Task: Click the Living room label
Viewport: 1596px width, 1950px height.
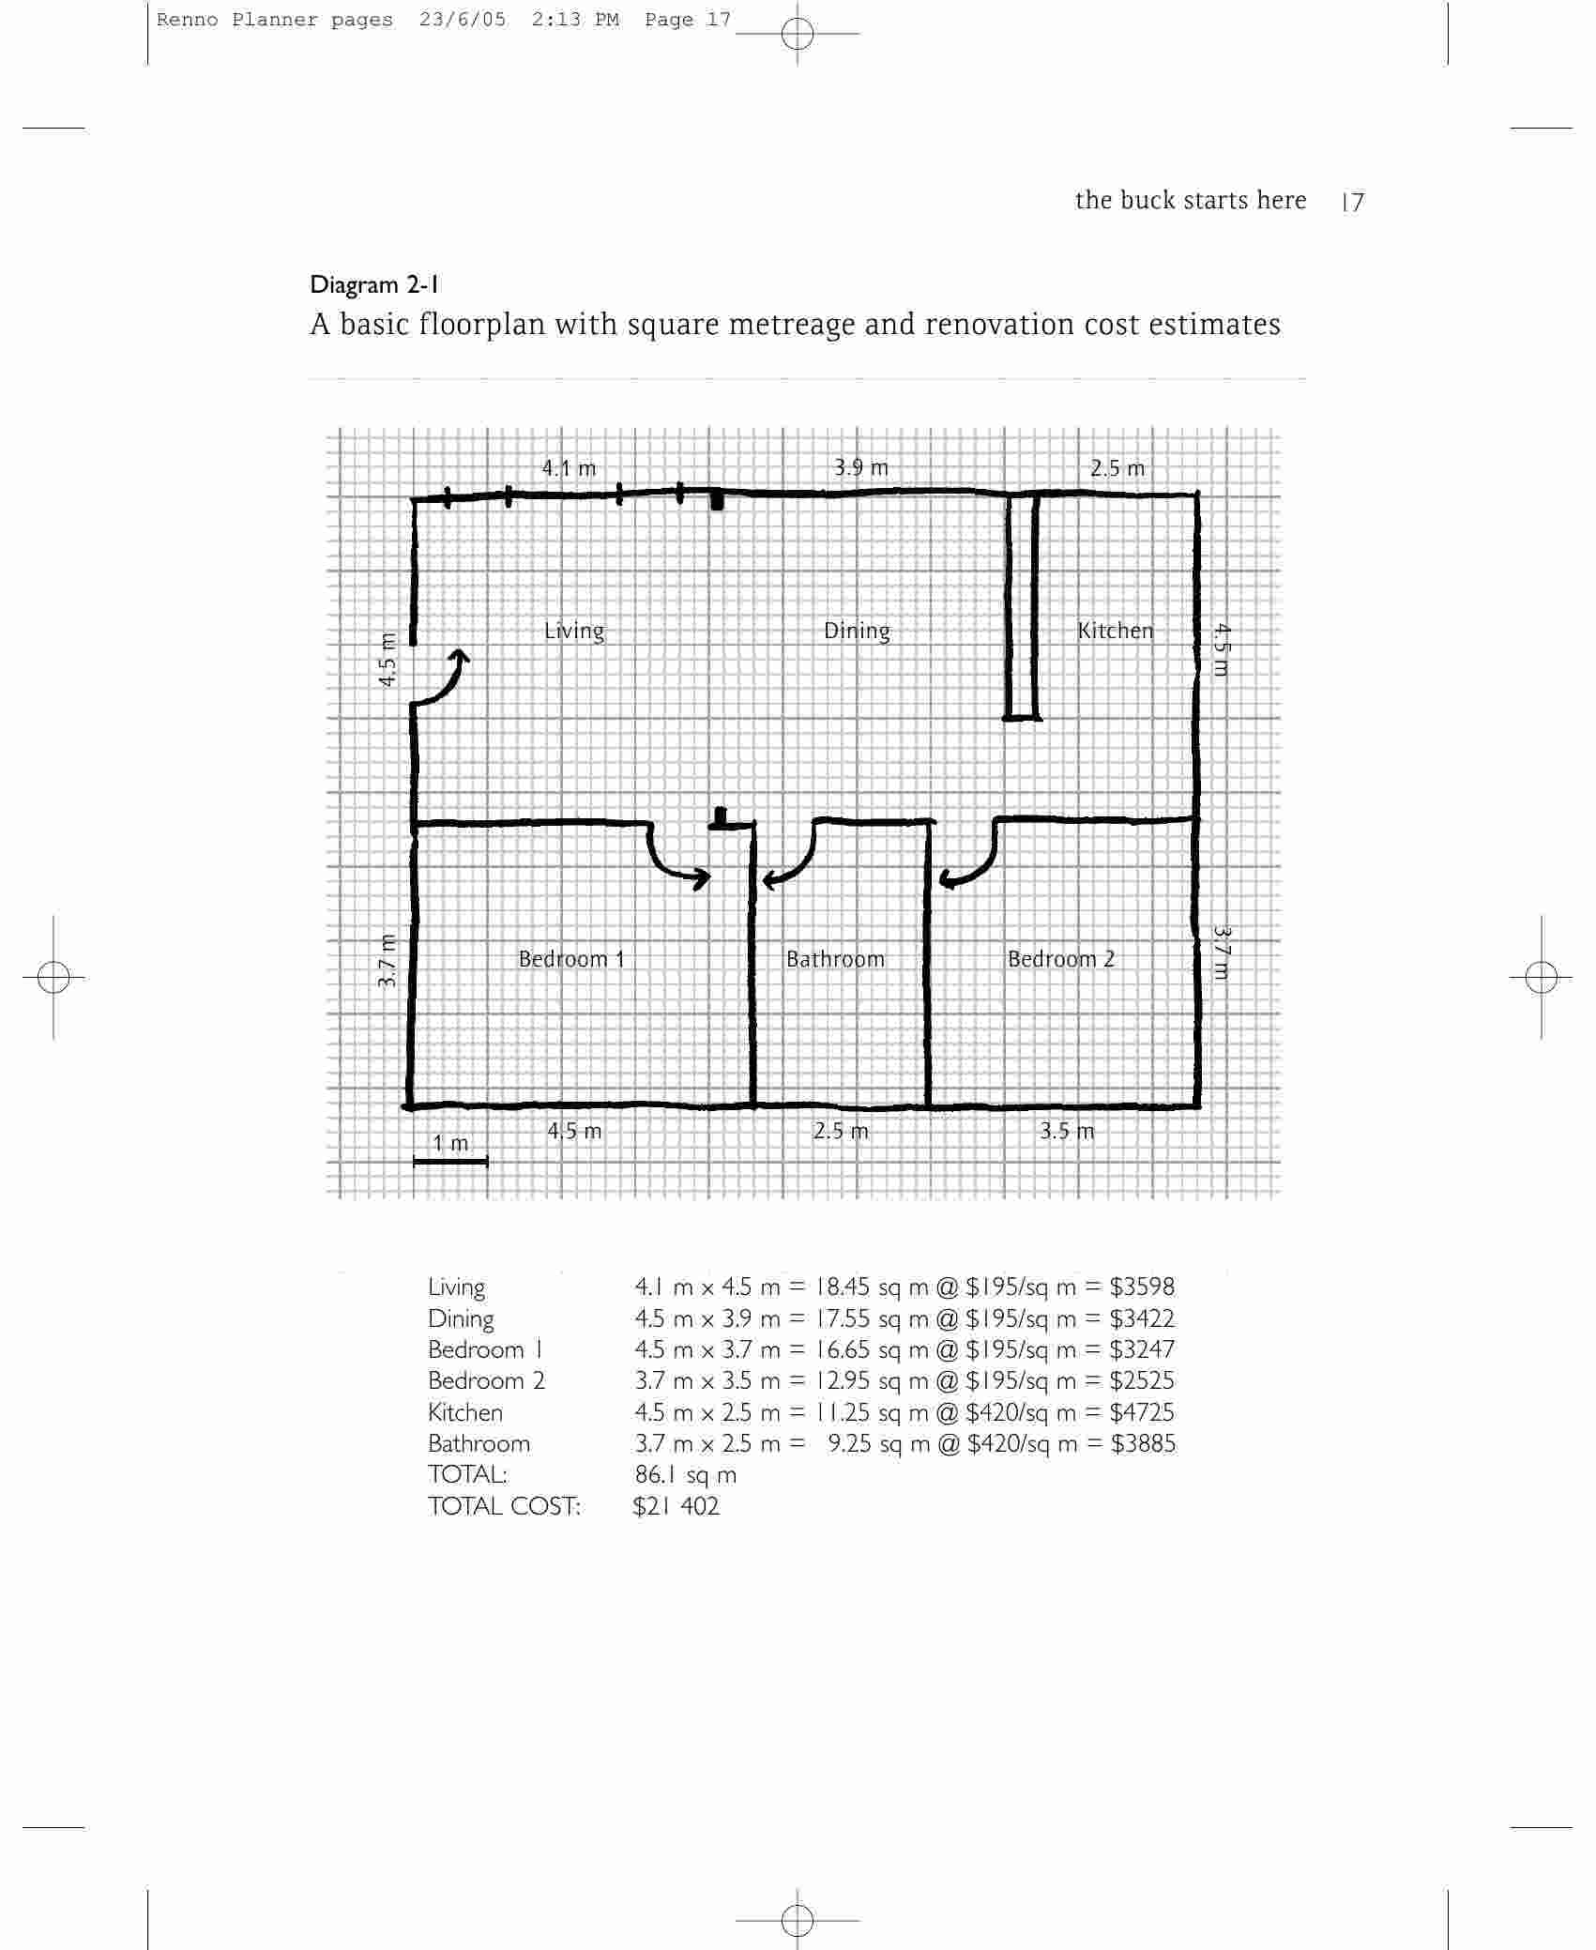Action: click(x=574, y=632)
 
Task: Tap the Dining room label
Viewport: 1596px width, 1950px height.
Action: click(x=857, y=632)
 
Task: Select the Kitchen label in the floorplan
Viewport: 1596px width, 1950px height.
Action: click(x=1115, y=631)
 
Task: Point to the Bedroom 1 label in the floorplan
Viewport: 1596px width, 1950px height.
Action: click(x=571, y=959)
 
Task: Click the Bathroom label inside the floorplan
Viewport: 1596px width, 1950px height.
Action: click(x=835, y=959)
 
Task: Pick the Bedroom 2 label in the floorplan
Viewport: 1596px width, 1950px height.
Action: click(x=1061, y=959)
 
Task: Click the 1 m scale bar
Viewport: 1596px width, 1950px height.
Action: click(x=450, y=1162)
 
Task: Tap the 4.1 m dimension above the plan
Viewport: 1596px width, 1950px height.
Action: click(x=569, y=468)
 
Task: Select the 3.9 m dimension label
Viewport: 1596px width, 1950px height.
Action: click(x=861, y=467)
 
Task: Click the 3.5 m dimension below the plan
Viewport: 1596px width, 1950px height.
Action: click(x=1067, y=1131)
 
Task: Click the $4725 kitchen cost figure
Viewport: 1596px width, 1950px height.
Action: click(x=1142, y=1412)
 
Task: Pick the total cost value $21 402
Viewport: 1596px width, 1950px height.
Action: click(x=676, y=1506)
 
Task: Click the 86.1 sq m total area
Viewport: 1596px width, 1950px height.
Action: click(x=686, y=1475)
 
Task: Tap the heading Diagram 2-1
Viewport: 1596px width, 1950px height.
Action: click(x=375, y=284)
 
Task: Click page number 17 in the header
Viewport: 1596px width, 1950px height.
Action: click(x=1353, y=202)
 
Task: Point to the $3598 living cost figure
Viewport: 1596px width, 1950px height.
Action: click(x=1142, y=1287)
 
